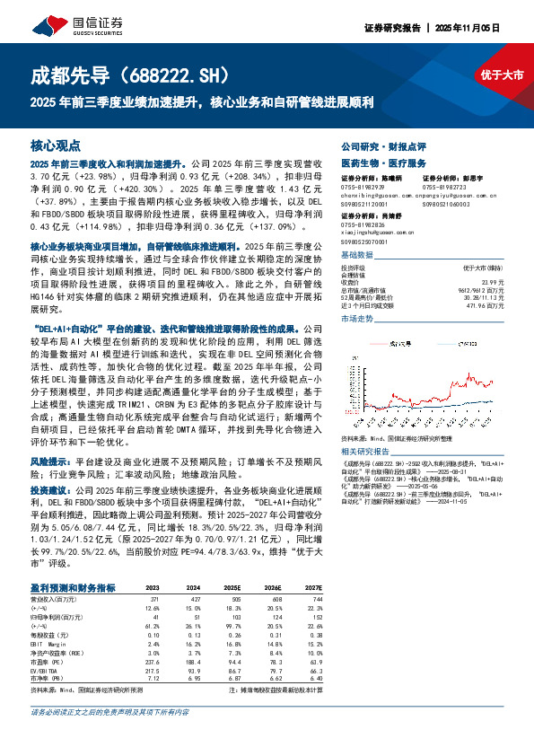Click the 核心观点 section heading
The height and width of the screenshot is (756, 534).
56,145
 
